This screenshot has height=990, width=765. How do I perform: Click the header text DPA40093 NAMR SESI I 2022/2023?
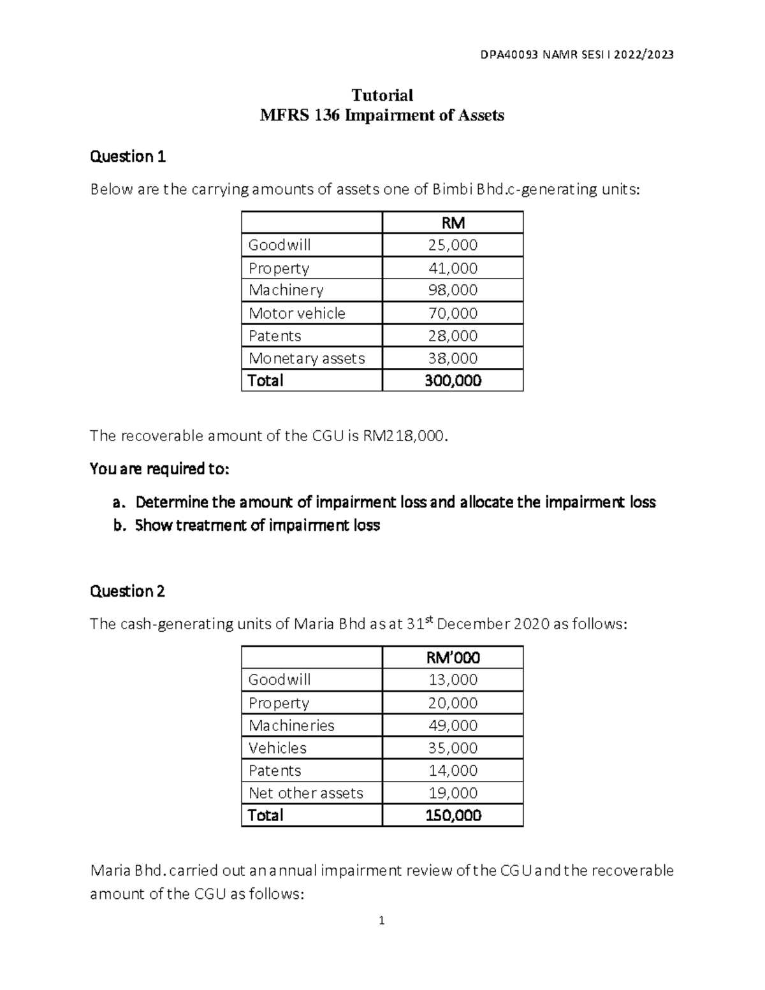(x=577, y=54)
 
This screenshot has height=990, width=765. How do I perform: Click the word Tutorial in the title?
(x=382, y=96)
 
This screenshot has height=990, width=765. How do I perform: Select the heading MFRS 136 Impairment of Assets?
(x=382, y=115)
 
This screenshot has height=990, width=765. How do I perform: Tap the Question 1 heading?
(x=127, y=157)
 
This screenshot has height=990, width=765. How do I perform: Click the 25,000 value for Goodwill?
(x=453, y=245)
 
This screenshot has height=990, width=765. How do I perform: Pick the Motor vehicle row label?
(x=296, y=313)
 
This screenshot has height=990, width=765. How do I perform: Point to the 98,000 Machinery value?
(x=453, y=290)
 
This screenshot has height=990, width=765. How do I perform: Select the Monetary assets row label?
(x=307, y=358)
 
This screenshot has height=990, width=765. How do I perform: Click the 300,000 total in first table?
(x=453, y=381)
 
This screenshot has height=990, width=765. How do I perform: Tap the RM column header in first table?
(x=453, y=222)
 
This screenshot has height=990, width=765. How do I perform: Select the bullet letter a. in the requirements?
(x=119, y=502)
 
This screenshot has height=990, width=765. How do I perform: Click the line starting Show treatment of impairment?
(x=257, y=525)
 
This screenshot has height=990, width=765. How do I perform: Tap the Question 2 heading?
(x=127, y=592)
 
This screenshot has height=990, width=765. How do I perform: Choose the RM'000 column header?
(x=453, y=657)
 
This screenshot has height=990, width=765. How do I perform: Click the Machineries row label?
(x=291, y=725)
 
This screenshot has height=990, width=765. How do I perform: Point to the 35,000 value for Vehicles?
(x=453, y=748)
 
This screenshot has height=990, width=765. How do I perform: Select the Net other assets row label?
(x=305, y=793)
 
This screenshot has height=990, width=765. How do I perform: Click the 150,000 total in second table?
(x=453, y=815)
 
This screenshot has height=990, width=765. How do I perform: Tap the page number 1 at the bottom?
(x=381, y=921)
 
